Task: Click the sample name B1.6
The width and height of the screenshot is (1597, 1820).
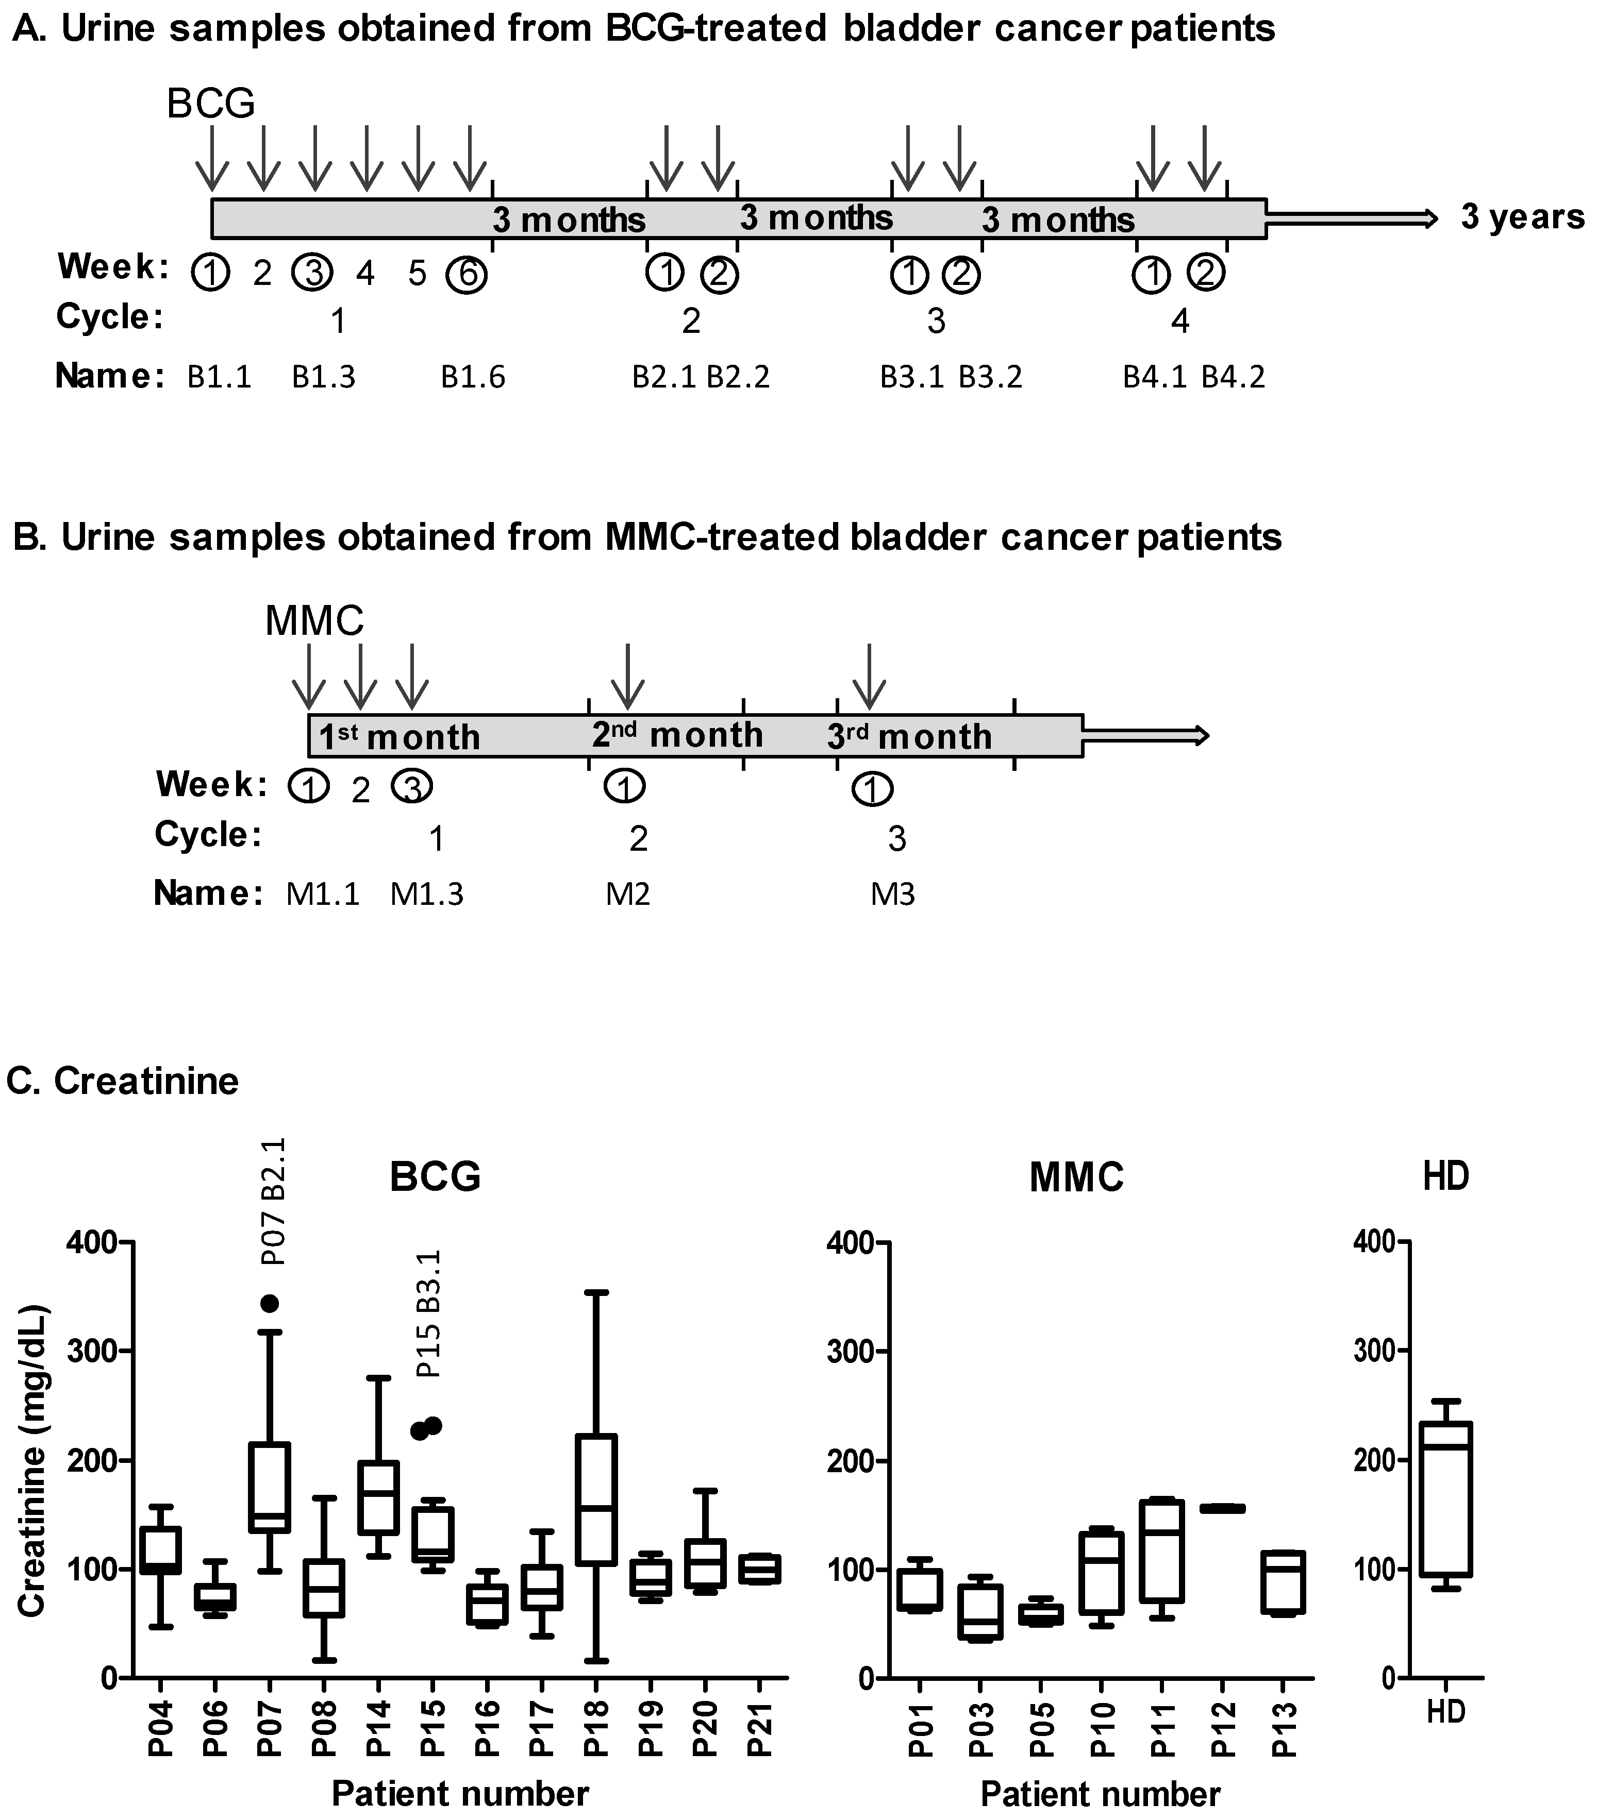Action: [473, 378]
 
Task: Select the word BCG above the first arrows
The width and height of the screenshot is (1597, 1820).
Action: [211, 104]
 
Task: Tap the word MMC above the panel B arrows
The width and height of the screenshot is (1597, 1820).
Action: [314, 620]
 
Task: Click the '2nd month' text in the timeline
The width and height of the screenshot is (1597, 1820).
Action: [677, 735]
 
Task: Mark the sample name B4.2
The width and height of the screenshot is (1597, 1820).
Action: [1233, 378]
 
